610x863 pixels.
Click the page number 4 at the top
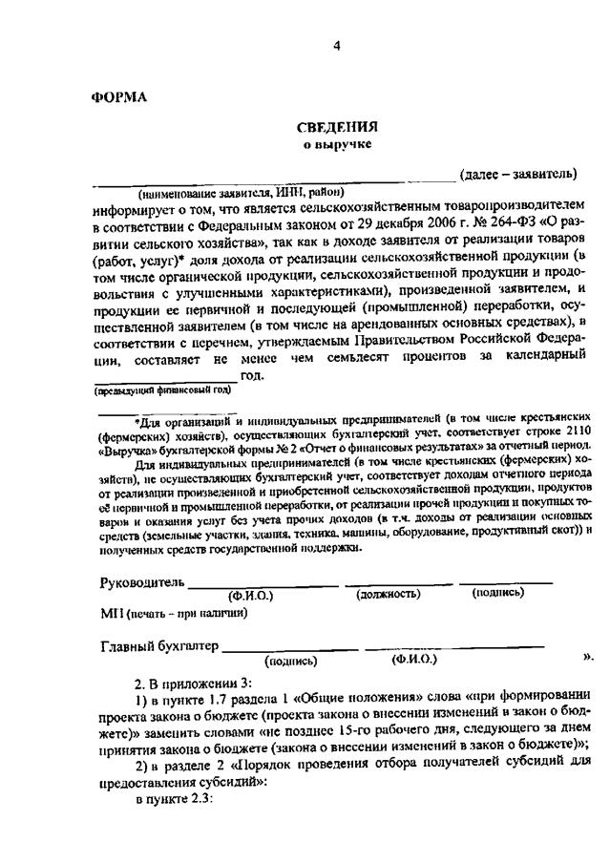(x=337, y=47)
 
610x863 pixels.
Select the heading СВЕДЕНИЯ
(x=337, y=128)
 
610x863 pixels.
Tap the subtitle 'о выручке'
(x=337, y=144)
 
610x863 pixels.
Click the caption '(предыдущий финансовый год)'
(x=162, y=391)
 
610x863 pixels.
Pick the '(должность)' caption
(x=389, y=595)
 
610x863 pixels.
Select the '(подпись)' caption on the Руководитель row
(x=498, y=593)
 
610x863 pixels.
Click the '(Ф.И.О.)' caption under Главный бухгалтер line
(x=413, y=659)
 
